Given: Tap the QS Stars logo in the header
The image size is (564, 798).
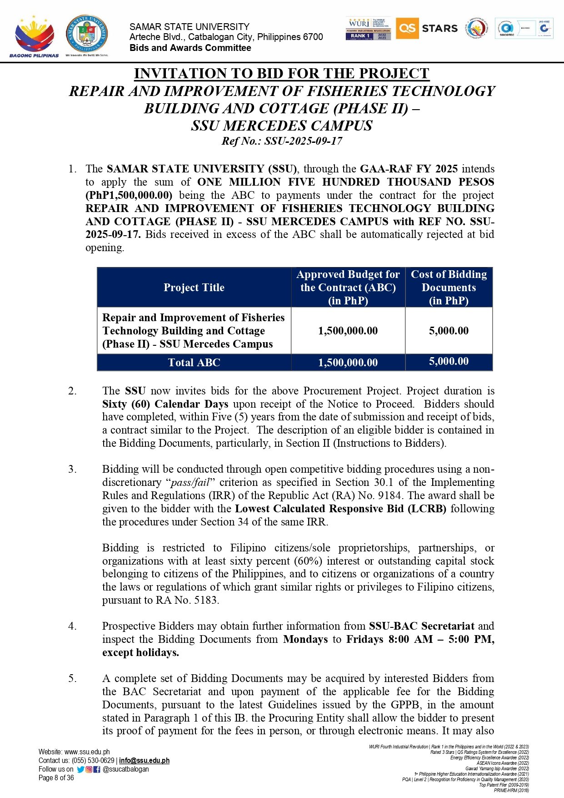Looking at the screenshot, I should (427, 29).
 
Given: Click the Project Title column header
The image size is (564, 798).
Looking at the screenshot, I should (194, 288).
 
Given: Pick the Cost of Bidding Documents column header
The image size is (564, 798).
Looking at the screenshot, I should (449, 288).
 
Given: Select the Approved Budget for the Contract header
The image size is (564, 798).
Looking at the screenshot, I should (348, 288).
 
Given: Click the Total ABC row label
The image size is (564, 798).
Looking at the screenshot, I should (194, 363).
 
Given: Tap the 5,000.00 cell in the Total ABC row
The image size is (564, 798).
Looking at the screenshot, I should (449, 362).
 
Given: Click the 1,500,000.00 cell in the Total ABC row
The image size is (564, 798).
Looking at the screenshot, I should (348, 363).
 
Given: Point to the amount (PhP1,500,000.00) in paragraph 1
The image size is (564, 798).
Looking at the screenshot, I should (129, 195).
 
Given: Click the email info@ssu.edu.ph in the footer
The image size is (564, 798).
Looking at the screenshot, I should (144, 761).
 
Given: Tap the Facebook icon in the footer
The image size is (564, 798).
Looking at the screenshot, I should (97, 769).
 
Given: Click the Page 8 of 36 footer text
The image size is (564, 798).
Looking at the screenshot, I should (56, 778).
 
